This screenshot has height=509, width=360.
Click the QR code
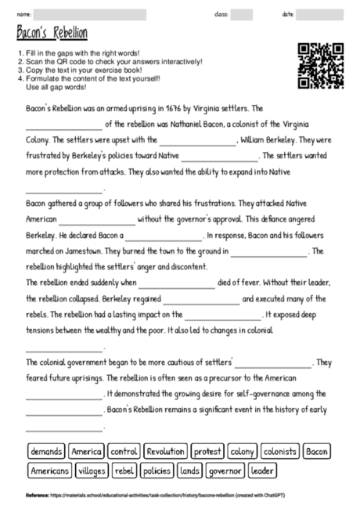click(x=321, y=66)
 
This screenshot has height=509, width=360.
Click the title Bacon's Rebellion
click(x=52, y=32)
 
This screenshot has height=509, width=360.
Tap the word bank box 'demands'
click(x=45, y=452)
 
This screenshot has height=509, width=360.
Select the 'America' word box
click(x=86, y=452)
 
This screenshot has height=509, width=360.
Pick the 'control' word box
click(x=124, y=452)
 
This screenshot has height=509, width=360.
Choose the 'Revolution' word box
click(x=165, y=452)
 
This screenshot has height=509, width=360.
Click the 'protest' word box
click(x=207, y=452)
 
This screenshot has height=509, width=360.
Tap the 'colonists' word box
click(x=279, y=452)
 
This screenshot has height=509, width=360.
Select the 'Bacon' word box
click(x=317, y=452)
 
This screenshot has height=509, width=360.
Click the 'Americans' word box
click(x=49, y=471)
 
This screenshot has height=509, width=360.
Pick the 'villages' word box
click(x=93, y=471)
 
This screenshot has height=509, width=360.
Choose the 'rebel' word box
click(x=125, y=471)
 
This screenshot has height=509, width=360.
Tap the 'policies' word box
click(x=157, y=471)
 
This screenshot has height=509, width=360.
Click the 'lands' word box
click(x=189, y=471)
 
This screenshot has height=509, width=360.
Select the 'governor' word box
click(x=225, y=471)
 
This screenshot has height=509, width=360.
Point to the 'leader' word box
click(x=263, y=471)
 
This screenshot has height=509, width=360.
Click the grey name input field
click(x=90, y=14)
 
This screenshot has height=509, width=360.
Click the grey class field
click(x=242, y=14)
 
